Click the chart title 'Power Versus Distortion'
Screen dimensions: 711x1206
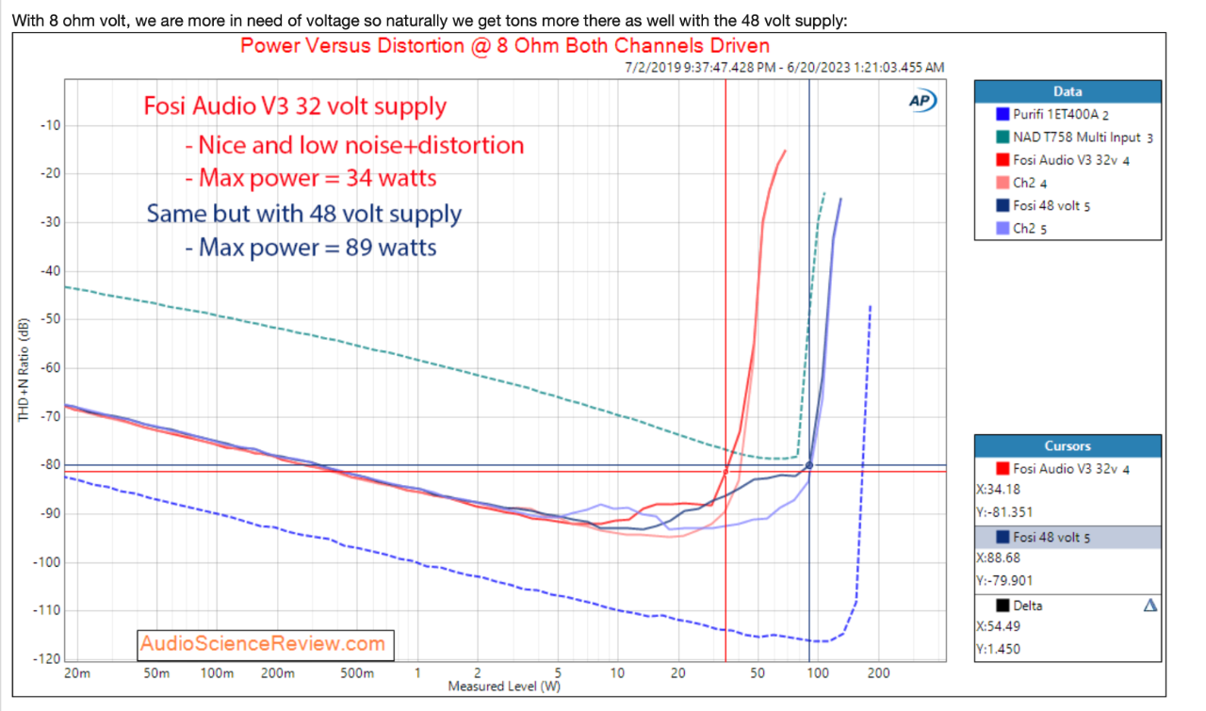click(x=505, y=45)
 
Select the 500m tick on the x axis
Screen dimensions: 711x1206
click(x=357, y=674)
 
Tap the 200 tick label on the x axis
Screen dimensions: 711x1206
click(x=878, y=674)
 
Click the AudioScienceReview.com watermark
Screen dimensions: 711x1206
click(x=263, y=644)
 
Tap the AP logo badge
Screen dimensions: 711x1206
click(x=921, y=101)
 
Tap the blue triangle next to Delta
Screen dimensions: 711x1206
click(x=1149, y=606)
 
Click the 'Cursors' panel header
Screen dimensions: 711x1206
click(x=1067, y=445)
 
